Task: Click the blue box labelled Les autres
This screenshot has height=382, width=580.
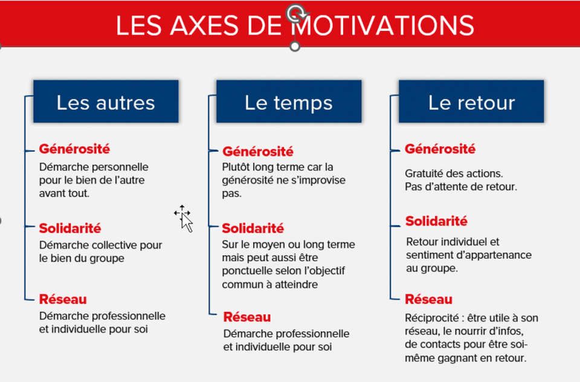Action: tap(106, 102)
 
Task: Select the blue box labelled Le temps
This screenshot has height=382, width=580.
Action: tap(289, 102)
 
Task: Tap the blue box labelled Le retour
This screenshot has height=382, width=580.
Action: tap(471, 102)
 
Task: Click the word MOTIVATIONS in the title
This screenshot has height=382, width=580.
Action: tap(382, 25)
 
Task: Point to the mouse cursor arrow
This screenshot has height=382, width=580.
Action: tap(187, 223)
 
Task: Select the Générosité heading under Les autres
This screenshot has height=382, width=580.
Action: tap(74, 149)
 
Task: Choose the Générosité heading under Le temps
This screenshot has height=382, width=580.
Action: tap(258, 151)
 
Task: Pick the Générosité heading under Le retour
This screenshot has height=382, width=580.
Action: tap(440, 149)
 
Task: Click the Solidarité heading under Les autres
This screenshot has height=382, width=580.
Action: tap(70, 228)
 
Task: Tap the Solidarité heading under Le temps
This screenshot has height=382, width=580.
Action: tap(253, 228)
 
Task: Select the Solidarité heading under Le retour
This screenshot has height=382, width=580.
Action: tap(436, 221)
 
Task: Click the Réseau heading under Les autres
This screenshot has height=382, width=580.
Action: tap(63, 299)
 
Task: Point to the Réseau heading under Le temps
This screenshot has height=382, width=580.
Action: tap(247, 317)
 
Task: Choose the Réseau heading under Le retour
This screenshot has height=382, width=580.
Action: tap(429, 299)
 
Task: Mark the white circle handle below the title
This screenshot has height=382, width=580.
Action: tap(295, 47)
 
